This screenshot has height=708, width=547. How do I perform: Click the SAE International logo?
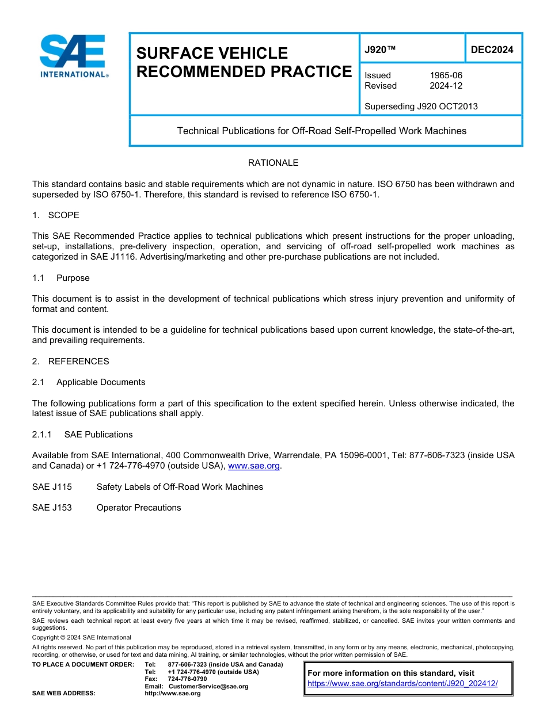(x=74, y=56)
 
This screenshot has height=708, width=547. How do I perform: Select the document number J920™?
(x=380, y=50)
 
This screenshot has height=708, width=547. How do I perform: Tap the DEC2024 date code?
(x=492, y=50)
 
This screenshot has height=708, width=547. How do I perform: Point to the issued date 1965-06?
(x=446, y=75)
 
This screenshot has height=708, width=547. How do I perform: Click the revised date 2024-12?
(x=446, y=86)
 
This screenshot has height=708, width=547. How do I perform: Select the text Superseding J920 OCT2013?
(x=421, y=106)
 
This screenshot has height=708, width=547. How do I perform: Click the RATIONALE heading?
(x=273, y=163)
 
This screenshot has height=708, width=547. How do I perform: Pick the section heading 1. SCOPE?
(x=56, y=215)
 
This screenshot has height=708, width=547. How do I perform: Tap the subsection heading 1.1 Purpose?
(x=61, y=278)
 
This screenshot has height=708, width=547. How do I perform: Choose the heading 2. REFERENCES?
(x=70, y=361)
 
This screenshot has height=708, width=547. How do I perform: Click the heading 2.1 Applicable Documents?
(x=89, y=382)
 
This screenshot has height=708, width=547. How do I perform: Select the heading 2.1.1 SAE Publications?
(x=82, y=435)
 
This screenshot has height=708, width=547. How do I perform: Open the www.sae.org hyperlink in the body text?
(x=253, y=466)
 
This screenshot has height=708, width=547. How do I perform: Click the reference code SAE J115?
(x=52, y=487)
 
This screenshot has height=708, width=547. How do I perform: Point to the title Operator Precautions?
(x=139, y=508)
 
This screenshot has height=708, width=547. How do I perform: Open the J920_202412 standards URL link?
(x=402, y=684)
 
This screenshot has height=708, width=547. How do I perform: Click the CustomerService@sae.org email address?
(x=208, y=686)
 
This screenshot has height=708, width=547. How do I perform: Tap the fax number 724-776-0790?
(x=187, y=679)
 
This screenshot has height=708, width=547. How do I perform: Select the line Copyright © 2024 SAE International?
(x=82, y=637)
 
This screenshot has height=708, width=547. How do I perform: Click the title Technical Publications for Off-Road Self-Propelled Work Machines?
(x=322, y=131)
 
